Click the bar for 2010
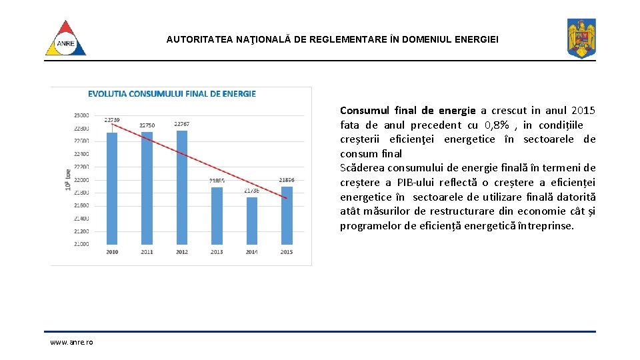[x=112, y=188]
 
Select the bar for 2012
[x=181, y=187]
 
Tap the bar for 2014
[x=251, y=220]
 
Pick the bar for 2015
[x=287, y=215]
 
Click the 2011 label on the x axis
[x=147, y=252]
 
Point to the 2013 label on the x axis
[x=217, y=252]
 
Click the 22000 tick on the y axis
[x=81, y=180]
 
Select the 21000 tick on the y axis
[x=81, y=244]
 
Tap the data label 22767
[x=181, y=124]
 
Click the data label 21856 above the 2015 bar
[x=287, y=180]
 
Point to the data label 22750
[x=147, y=125]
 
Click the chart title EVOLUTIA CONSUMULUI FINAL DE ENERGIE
[x=172, y=94]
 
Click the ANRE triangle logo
[x=65, y=38]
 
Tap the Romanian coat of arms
[x=581, y=38]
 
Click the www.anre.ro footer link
[x=71, y=342]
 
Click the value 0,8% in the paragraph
[x=498, y=125]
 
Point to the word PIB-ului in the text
[x=419, y=183]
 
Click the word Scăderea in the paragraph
[x=362, y=168]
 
